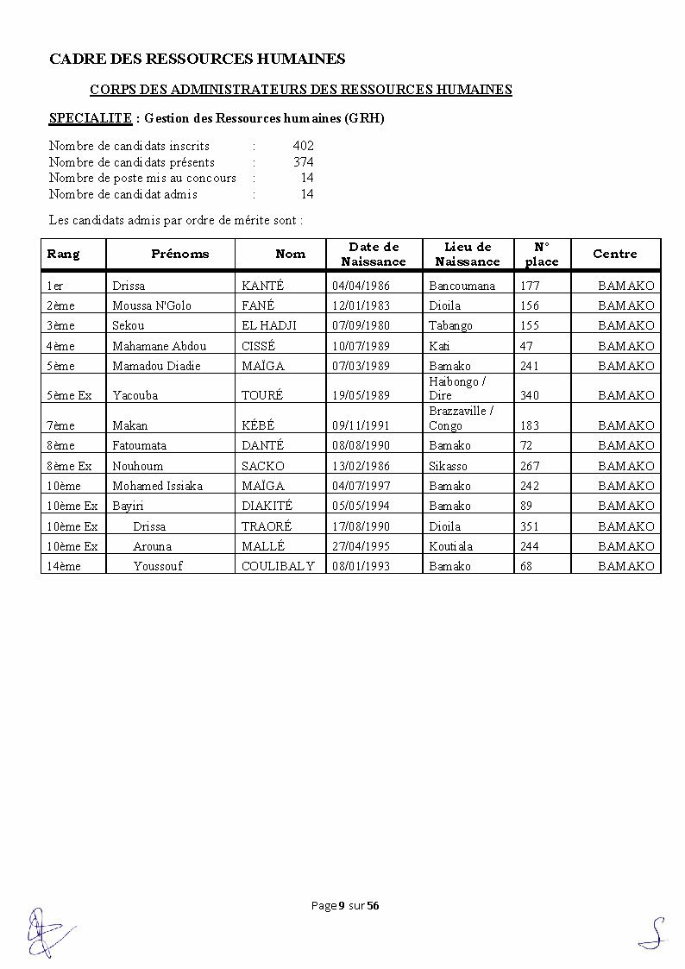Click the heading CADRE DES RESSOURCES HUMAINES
click(197, 59)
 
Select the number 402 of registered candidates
click(303, 146)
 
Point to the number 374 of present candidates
click(303, 162)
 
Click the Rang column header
click(63, 254)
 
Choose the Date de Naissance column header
click(374, 254)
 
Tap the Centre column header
click(614, 254)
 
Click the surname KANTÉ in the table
click(262, 286)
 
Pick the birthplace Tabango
click(450, 325)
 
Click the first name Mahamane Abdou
click(160, 346)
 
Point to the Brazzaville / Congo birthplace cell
click(461, 418)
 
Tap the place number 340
click(530, 395)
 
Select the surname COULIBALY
click(278, 566)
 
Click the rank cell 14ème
click(60, 566)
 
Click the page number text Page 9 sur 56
click(345, 905)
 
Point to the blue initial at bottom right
click(655, 934)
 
